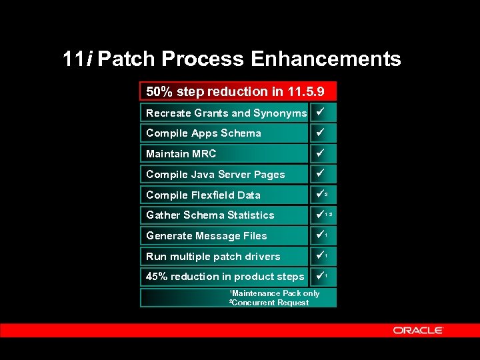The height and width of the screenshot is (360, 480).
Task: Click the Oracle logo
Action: click(418, 330)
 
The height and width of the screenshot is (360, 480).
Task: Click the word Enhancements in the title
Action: click(326, 59)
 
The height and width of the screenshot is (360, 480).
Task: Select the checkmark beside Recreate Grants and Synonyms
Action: click(319, 111)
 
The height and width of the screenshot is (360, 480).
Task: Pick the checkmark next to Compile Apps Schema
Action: click(319, 132)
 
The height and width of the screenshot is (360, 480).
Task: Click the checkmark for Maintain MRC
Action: click(319, 153)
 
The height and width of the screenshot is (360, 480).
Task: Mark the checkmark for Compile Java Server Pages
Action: click(319, 173)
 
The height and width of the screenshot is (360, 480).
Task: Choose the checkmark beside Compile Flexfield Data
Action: click(319, 194)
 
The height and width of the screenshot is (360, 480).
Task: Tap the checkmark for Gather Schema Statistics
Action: click(319, 214)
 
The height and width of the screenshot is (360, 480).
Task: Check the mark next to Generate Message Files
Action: click(319, 235)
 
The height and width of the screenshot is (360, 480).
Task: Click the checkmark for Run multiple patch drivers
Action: click(319, 255)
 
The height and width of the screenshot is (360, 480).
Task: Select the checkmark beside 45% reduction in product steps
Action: click(319, 275)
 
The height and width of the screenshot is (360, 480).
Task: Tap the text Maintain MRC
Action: click(181, 154)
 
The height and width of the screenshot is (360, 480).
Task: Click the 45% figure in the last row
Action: click(157, 277)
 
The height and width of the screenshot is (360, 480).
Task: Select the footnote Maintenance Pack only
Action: click(275, 293)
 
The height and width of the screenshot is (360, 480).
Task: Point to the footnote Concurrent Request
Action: click(270, 303)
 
